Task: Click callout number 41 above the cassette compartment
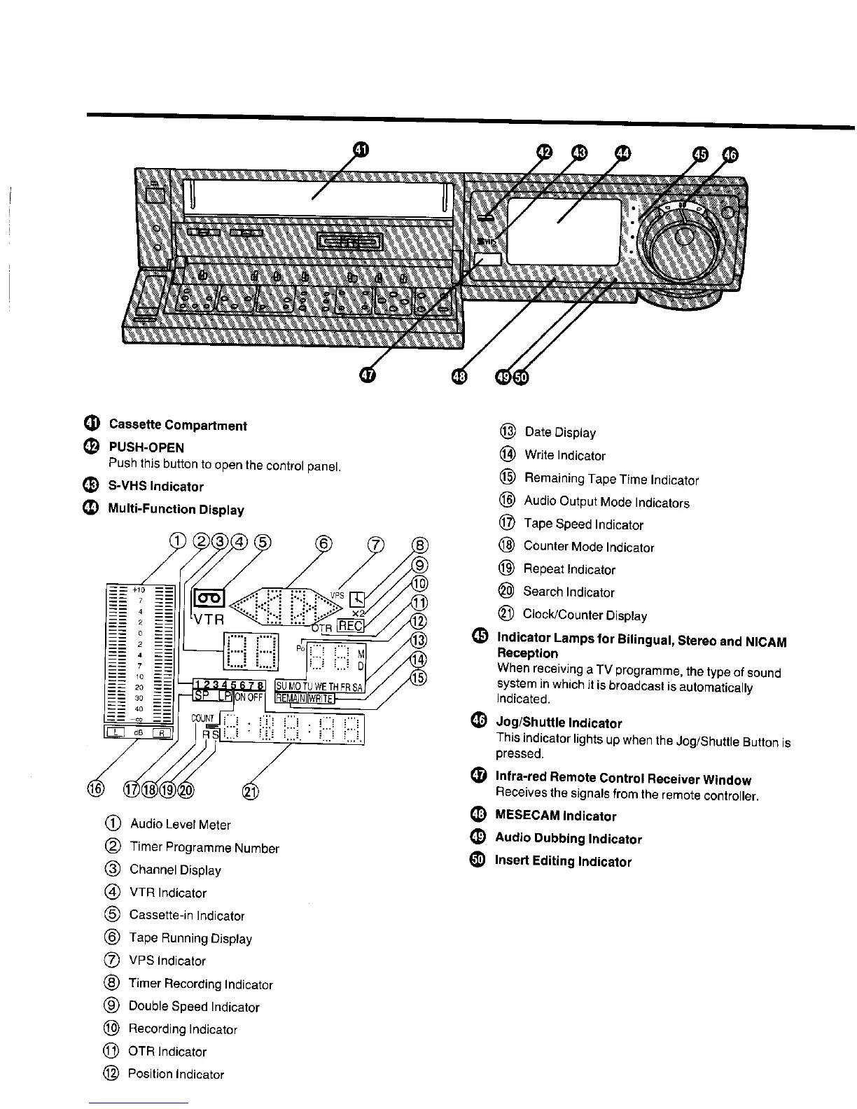tap(359, 150)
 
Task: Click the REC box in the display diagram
tap(350, 625)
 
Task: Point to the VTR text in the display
tap(208, 619)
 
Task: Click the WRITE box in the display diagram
tap(320, 697)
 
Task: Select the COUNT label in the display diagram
tap(204, 718)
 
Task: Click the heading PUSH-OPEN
tap(146, 447)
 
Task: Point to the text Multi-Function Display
tap(176, 509)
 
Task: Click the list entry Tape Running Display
tap(190, 938)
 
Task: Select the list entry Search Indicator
tap(569, 592)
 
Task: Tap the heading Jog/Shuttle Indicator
tap(559, 723)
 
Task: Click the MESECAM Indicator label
tap(555, 816)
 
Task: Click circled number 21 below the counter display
tap(249, 791)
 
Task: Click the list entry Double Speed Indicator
tap(194, 1007)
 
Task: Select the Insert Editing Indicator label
tap(563, 862)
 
